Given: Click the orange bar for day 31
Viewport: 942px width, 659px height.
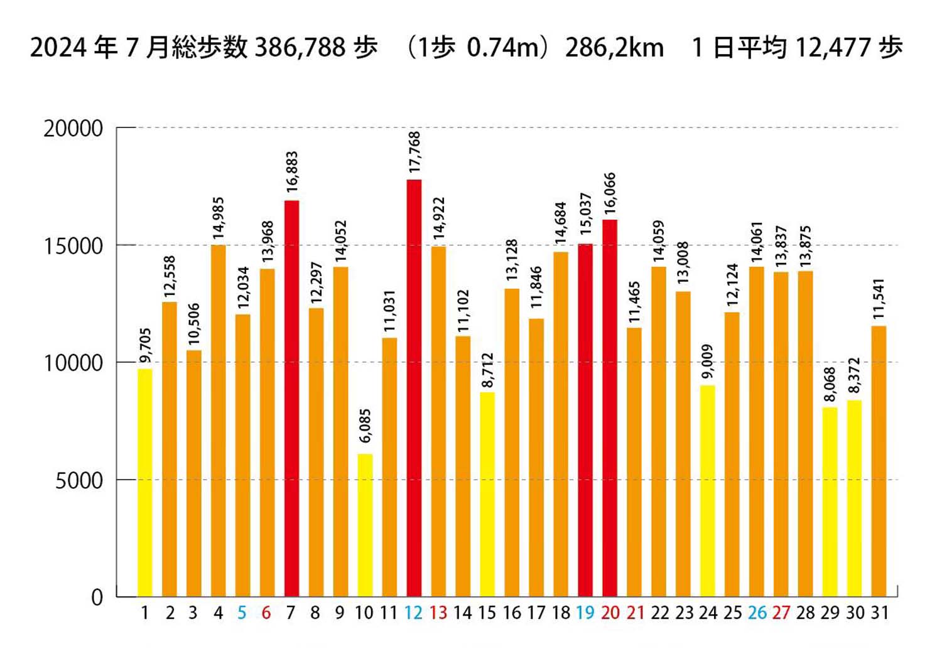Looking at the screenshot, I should (879, 461).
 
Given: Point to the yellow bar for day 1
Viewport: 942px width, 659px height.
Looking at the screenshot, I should (145, 483).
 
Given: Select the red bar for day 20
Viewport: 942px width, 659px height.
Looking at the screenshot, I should (610, 408).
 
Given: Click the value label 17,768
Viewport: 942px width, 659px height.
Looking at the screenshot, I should (414, 153).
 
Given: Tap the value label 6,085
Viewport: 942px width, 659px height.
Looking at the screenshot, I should (365, 426).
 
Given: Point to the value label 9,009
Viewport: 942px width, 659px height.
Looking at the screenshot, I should (708, 361).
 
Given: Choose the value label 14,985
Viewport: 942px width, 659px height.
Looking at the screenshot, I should (219, 218).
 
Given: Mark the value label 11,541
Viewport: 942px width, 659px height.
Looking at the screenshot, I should (879, 299).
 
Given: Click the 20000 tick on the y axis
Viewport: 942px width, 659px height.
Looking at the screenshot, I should (73, 129).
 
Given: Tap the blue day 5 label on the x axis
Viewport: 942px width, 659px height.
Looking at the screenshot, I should (242, 613).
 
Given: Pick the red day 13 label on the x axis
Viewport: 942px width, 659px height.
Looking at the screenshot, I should (438, 613).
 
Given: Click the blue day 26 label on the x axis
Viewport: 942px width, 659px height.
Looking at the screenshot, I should (757, 613).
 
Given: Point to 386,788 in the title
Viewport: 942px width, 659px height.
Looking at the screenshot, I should (300, 48).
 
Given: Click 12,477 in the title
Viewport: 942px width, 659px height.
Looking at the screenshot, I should (833, 48).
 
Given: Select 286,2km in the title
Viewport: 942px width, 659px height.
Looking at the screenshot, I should (614, 48).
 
